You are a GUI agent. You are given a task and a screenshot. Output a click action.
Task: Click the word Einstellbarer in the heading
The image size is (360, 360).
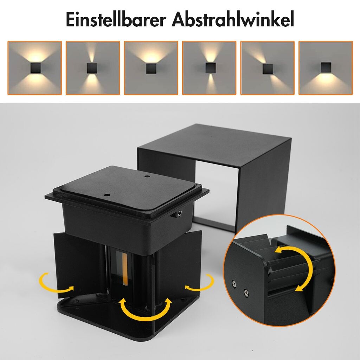pos(116,20)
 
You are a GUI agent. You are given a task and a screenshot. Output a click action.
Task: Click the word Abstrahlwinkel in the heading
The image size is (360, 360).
pos(233,20)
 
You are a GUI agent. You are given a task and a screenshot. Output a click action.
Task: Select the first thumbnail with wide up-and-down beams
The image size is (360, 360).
pos(35,68)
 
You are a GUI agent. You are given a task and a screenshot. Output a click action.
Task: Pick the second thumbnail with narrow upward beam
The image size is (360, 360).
pos(93,68)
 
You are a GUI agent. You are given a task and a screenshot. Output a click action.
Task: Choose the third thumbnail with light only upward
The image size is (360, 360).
pos(151,68)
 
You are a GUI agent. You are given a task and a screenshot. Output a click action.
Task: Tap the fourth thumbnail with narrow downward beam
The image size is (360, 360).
pos(209,68)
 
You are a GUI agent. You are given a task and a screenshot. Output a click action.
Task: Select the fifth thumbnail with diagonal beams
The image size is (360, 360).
pos(268,68)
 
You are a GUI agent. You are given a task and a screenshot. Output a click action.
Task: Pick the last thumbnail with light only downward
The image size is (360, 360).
pos(326,68)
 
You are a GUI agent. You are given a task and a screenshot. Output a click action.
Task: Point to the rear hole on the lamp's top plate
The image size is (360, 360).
pos(147,176)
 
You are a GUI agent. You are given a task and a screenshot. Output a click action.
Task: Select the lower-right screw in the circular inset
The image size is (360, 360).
pos(246,292)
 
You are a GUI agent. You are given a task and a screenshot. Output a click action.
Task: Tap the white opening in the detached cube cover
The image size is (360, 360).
pos(216,195)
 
